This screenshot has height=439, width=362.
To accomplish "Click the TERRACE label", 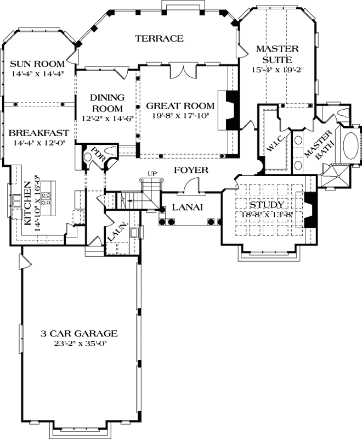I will pyautogui.click(x=159, y=38).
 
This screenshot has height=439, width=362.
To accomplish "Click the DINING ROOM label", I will pyautogui.click(x=108, y=103).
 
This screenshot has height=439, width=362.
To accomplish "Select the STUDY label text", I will pyautogui.click(x=266, y=205).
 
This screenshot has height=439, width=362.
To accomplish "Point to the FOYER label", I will pyautogui.click(x=191, y=170).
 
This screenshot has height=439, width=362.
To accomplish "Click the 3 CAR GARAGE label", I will pyautogui.click(x=80, y=333).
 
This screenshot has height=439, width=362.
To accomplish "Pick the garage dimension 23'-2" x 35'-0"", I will pyautogui.click(x=80, y=344).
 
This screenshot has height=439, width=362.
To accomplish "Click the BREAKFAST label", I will pyautogui.click(x=38, y=133).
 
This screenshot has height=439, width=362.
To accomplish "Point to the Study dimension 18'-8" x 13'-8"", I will pyautogui.click(x=266, y=215).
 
